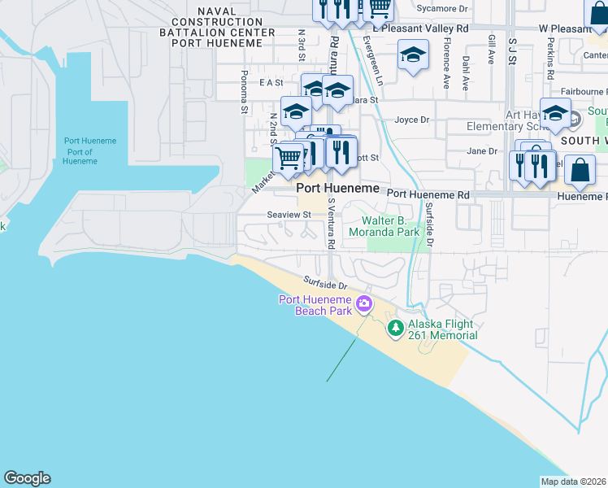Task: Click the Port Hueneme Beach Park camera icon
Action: pyautogui.click(x=364, y=305)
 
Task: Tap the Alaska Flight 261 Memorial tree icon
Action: pyautogui.click(x=396, y=328)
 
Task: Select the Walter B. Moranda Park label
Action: pyautogui.click(x=395, y=226)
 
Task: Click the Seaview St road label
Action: pyautogui.click(x=289, y=215)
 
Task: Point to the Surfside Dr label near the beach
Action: pyautogui.click(x=325, y=285)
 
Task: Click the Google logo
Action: pyautogui.click(x=27, y=478)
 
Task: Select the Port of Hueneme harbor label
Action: pyautogui.click(x=80, y=151)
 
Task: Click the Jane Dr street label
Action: pyautogui.click(x=482, y=151)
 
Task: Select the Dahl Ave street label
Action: pyautogui.click(x=467, y=72)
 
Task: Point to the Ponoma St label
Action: pyautogui.click(x=244, y=81)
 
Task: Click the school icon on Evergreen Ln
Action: pyautogui.click(x=413, y=55)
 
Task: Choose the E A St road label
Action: pyautogui.click(x=271, y=83)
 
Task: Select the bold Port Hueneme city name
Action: pyautogui.click(x=338, y=188)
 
